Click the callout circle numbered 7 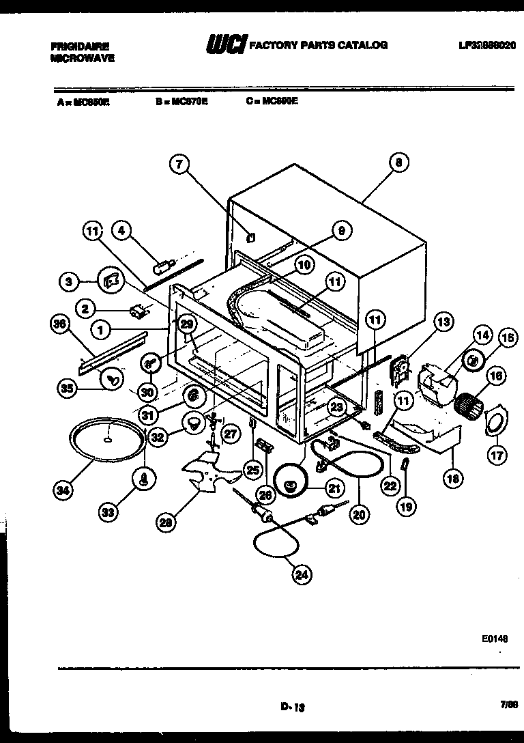(179, 164)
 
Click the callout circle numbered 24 (301, 575)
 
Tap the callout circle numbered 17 (498, 453)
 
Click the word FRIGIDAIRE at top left (79, 46)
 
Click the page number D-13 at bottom (291, 707)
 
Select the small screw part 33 (145, 479)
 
